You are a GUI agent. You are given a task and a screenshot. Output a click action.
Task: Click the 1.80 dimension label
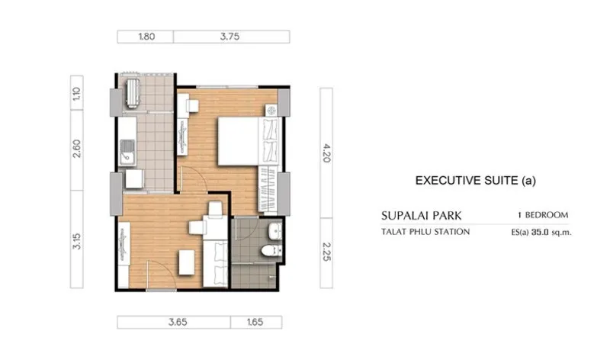click(x=146, y=37)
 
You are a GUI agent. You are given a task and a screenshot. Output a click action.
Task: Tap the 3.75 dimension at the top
click(x=230, y=37)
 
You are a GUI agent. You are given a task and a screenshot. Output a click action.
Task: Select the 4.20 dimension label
click(x=326, y=153)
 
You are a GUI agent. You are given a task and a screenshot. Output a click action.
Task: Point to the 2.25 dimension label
click(x=326, y=252)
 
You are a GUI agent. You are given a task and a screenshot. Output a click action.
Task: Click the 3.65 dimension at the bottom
click(x=178, y=323)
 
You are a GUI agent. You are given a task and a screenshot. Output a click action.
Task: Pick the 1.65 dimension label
click(x=255, y=323)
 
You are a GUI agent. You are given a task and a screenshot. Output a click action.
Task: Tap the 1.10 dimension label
click(x=77, y=93)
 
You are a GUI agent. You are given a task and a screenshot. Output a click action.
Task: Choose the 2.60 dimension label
click(x=77, y=148)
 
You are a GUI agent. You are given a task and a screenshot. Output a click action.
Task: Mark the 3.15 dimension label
click(x=77, y=241)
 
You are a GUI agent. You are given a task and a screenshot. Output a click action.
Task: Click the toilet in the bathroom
click(x=271, y=250)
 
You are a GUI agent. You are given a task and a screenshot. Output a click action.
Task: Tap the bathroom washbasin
click(x=275, y=232)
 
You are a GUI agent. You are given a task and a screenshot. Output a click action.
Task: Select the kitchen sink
click(x=127, y=153)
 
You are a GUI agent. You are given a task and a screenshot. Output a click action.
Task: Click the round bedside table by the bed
click(x=271, y=111)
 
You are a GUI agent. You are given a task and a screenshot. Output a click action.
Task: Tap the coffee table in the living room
click(x=187, y=262)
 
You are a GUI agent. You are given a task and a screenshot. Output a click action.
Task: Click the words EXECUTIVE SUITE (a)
click(x=475, y=181)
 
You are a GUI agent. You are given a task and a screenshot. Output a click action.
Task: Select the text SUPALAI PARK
click(x=422, y=216)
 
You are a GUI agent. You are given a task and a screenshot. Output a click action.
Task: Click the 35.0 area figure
click(x=540, y=233)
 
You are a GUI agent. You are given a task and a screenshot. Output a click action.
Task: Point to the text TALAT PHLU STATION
click(x=425, y=232)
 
